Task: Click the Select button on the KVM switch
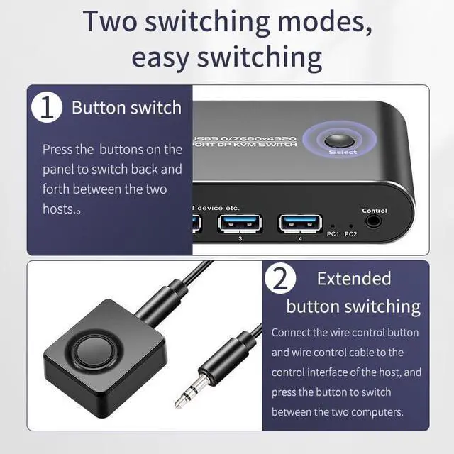338,139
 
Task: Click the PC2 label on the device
350,235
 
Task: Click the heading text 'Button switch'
126,108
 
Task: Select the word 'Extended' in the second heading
354,279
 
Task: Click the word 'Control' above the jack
375,211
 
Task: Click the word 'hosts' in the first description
59,209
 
